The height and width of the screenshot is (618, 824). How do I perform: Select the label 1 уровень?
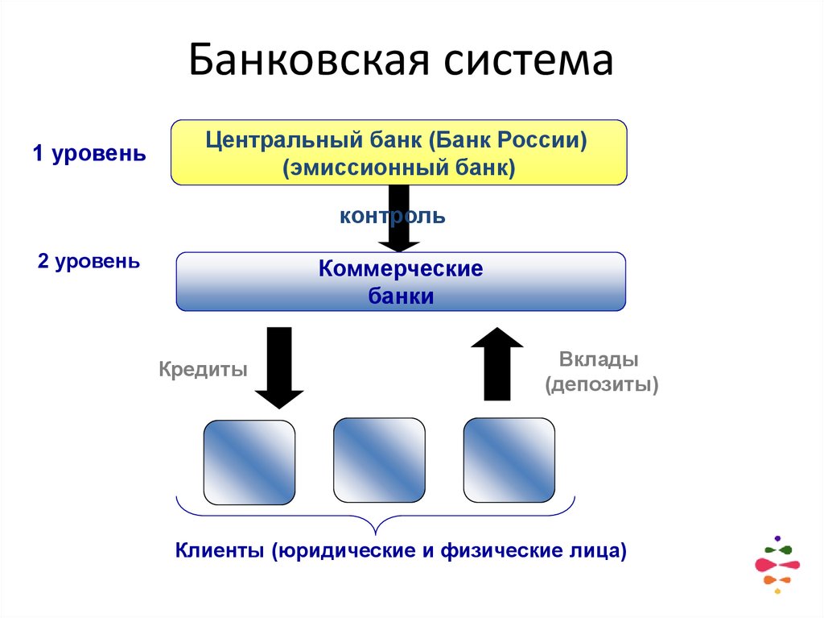(89, 154)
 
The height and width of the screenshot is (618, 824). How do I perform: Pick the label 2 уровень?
(89, 261)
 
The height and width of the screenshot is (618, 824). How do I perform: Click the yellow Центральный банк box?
(398, 153)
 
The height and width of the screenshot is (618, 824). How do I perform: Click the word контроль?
(392, 216)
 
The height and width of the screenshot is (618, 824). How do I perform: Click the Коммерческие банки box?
(401, 282)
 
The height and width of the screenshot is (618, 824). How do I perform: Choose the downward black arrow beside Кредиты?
(278, 367)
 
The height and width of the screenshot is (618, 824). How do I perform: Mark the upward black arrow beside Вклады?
(497, 363)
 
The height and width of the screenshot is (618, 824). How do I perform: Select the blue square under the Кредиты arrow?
(249, 462)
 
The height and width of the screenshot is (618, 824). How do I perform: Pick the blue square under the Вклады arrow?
(509, 460)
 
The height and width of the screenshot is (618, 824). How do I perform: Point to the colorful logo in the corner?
(777, 564)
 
